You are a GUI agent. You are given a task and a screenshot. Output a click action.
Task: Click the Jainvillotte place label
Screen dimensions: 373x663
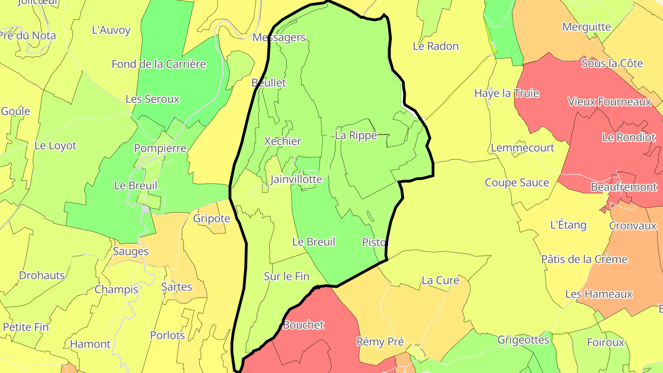296,179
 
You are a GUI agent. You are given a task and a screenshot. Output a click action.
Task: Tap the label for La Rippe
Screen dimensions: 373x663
355,135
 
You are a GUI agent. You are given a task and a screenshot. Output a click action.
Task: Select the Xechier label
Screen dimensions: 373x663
282,141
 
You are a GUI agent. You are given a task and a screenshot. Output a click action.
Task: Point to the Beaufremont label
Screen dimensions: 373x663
623,187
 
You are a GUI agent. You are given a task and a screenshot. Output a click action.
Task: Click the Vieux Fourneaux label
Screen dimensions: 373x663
609,102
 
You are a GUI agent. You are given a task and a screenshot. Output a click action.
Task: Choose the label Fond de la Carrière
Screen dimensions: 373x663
158,64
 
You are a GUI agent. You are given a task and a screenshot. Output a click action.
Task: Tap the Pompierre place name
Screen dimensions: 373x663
160,148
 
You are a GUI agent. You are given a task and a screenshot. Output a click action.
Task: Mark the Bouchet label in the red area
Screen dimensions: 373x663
303,325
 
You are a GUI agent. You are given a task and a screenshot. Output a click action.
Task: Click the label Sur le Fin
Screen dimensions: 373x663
286,276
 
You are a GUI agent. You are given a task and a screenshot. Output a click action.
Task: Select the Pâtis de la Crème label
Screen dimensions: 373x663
584,259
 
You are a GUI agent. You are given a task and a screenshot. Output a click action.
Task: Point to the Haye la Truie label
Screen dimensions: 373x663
506,93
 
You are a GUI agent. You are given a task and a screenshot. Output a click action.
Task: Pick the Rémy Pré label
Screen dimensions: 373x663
380,342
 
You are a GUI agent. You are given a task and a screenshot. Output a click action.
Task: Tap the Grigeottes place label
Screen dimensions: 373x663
523,340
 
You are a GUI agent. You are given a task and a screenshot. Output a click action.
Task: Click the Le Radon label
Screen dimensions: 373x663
436,46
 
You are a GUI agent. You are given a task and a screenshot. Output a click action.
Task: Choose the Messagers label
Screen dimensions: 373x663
279,38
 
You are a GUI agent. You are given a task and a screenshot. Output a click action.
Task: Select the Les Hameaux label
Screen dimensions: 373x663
599,294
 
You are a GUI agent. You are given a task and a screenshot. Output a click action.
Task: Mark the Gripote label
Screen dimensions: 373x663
211,218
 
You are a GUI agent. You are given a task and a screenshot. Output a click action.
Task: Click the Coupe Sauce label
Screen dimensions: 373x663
517,183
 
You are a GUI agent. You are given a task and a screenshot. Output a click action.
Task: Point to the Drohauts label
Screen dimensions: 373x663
41,275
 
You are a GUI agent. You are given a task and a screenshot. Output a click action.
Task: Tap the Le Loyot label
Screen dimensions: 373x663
55,146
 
